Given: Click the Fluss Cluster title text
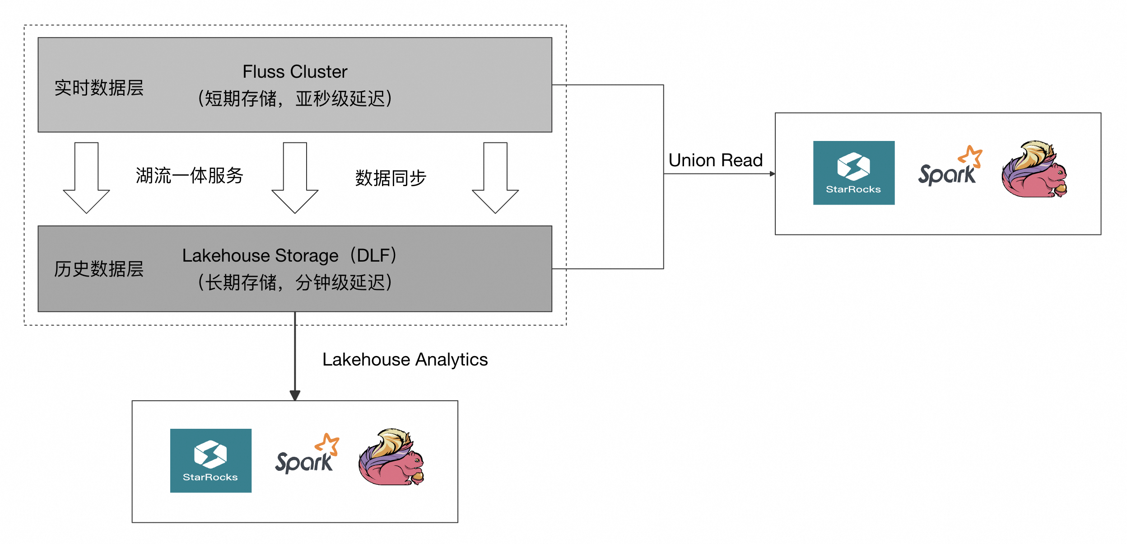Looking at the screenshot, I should point(295,72).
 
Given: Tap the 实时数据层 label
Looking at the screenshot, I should point(99,88).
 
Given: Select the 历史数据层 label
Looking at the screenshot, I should point(99,269).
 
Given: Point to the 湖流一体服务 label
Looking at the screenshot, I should point(190,176).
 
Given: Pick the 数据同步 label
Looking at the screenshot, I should point(391,178).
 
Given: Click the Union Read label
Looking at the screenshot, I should point(715,160).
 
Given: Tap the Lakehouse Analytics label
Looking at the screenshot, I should point(405,360).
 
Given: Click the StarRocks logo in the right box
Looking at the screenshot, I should point(853,173).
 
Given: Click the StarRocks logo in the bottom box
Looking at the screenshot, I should point(210,460).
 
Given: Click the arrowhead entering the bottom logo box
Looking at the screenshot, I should point(295,396).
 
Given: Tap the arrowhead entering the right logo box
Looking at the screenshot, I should point(772,174).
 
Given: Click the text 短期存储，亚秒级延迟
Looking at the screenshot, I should point(295,98).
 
